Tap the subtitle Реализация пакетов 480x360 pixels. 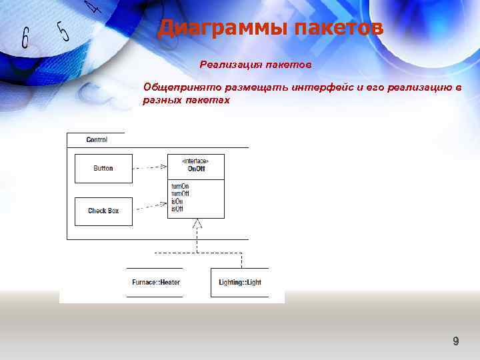pos(255,65)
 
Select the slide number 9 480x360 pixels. pos(455,341)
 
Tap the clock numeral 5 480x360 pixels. pos(63,31)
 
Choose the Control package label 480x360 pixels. pos(97,140)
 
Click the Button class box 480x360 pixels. pos(103,169)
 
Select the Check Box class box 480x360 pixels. pos(103,211)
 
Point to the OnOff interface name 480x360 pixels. pos(196,169)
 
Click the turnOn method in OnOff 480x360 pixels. pos(180,186)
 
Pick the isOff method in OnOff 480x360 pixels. pos(177,209)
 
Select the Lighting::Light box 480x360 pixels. pos(240,282)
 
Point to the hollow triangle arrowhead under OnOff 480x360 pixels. pos(196,224)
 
